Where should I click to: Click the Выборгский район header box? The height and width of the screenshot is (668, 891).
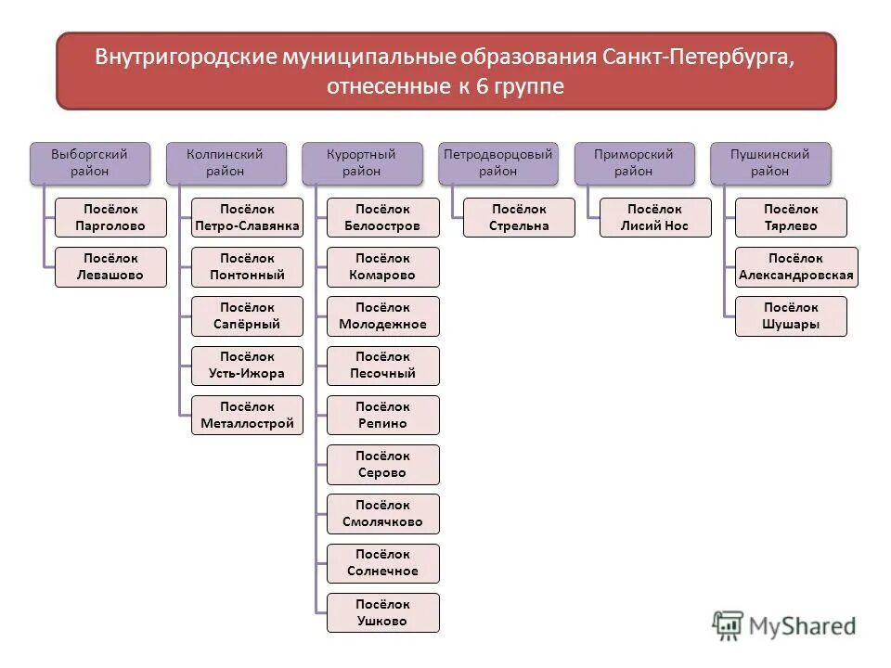89,162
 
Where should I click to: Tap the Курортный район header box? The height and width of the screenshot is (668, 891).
361,162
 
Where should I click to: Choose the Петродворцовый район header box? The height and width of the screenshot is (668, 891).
497,162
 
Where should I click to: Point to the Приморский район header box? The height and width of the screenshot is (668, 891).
633,162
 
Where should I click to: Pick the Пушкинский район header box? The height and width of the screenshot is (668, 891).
769,162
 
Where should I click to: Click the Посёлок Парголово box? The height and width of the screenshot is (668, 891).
110,217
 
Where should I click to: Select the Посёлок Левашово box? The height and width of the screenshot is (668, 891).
110,267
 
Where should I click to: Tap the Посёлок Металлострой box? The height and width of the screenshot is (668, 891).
247,416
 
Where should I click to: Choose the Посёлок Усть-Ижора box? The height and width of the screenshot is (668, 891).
247,366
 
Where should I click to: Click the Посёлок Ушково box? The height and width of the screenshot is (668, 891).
382,613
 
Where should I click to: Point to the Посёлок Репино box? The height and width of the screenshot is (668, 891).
382,416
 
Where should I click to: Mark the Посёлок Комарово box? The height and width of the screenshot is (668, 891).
382,267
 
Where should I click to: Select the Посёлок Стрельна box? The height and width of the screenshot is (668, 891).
519,217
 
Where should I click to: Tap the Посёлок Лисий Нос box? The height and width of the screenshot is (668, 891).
655,217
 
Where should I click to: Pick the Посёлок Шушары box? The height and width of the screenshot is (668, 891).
791,316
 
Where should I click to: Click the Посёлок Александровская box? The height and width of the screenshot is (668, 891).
796,267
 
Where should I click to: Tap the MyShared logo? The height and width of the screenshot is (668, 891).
784,625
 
